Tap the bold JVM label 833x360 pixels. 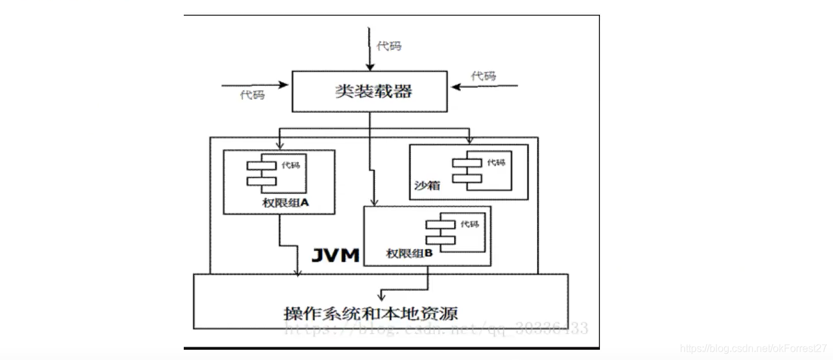[x=336, y=255]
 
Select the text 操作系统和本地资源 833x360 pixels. [x=371, y=313]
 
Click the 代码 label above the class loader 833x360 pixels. [x=389, y=46]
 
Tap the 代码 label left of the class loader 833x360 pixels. [x=252, y=95]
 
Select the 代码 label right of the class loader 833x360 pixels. [x=483, y=76]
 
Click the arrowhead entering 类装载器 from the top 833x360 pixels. [x=369, y=67]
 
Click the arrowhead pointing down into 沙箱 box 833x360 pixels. [x=469, y=140]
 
